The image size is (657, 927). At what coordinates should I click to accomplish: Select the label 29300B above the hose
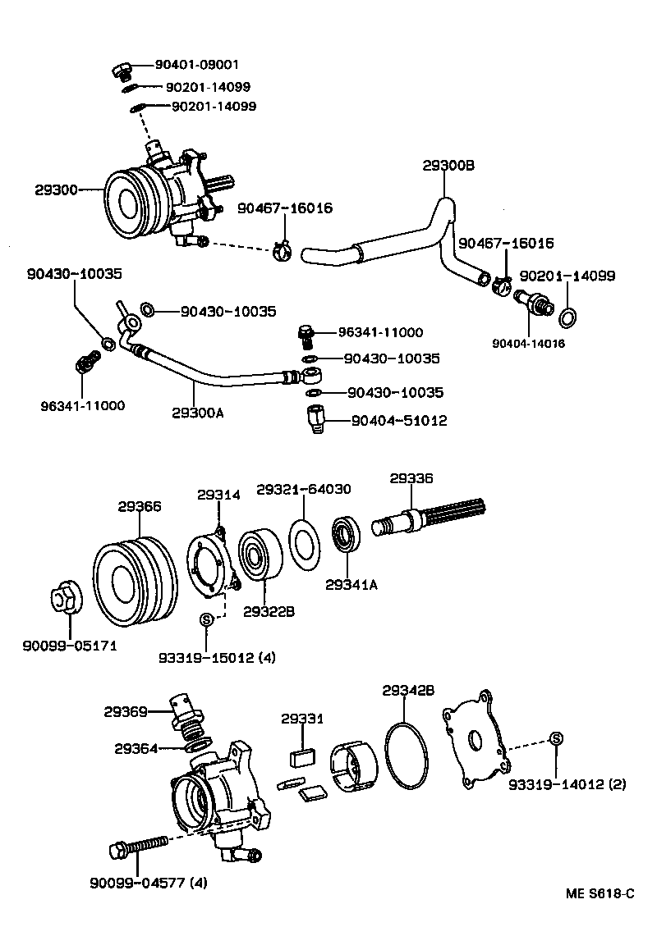tap(448, 166)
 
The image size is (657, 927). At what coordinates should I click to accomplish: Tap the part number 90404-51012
tap(398, 421)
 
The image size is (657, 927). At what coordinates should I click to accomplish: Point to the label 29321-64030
tap(304, 489)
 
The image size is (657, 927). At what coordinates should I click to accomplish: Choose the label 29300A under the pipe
tap(198, 413)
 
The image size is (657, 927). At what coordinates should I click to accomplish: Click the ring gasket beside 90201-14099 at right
tap(567, 316)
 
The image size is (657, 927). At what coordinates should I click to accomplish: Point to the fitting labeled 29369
tap(186, 713)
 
